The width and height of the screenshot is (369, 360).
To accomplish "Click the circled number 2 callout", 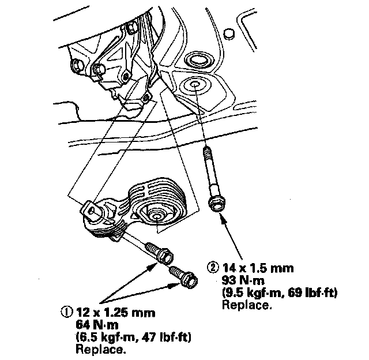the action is point(213,268).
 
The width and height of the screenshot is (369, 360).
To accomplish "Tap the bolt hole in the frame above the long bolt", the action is point(194,85).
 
